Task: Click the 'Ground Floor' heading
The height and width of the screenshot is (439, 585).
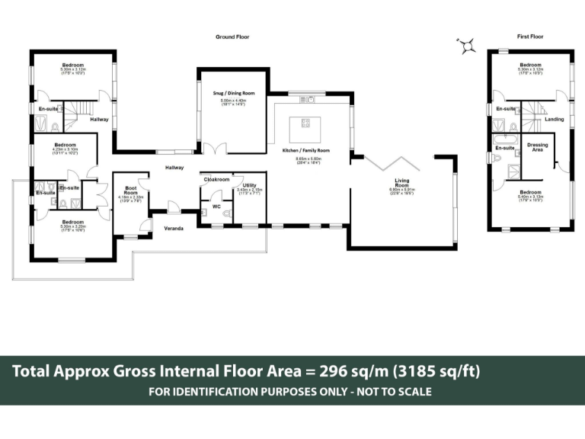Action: (x=232, y=37)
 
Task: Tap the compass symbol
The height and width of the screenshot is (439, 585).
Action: (x=466, y=46)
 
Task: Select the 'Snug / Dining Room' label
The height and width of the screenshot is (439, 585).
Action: (x=233, y=93)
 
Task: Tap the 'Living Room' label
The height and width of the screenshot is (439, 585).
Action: (x=401, y=182)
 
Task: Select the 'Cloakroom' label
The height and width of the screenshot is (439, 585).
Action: (x=216, y=179)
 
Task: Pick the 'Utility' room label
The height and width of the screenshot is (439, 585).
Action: (x=249, y=185)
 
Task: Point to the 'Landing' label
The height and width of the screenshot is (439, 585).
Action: (x=554, y=119)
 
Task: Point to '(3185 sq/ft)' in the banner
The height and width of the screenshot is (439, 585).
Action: (x=436, y=371)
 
